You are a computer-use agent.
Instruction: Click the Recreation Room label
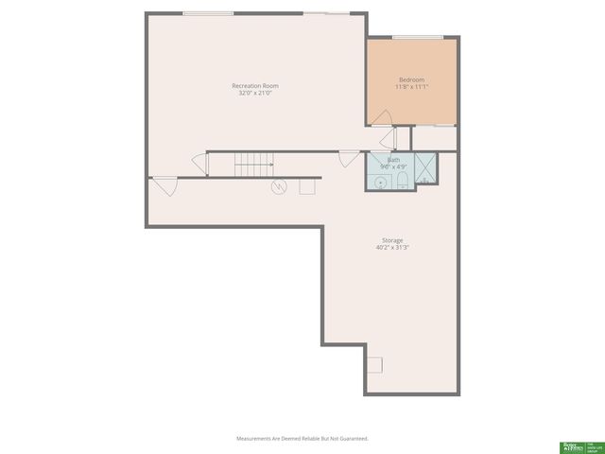(x=255, y=86)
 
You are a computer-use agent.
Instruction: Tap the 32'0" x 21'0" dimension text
(x=255, y=93)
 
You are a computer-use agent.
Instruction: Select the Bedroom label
(x=411, y=79)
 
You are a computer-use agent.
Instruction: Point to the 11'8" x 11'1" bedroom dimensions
(x=411, y=86)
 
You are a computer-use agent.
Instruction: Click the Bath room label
(x=393, y=160)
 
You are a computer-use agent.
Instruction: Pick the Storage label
(x=392, y=240)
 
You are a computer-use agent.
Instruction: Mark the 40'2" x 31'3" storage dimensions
(x=392, y=247)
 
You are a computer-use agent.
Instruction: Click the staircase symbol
(x=253, y=165)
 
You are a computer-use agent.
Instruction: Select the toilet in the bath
(x=402, y=179)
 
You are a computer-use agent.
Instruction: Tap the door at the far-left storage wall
(x=164, y=184)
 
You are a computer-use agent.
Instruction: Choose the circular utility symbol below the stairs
(x=279, y=186)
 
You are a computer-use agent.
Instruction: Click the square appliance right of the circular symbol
(x=306, y=186)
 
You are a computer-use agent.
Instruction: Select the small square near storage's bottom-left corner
(x=375, y=365)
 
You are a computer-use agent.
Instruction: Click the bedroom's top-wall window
(x=418, y=38)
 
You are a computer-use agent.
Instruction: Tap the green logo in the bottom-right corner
(x=570, y=445)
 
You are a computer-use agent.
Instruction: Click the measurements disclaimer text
(x=302, y=439)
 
